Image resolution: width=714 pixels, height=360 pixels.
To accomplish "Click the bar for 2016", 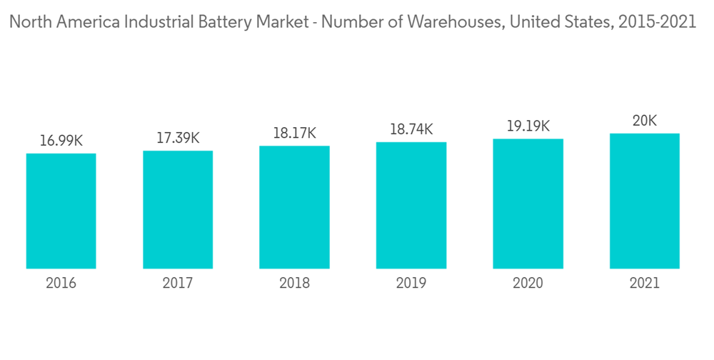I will (x=61, y=211).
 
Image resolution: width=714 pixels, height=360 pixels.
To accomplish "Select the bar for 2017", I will (x=178, y=209).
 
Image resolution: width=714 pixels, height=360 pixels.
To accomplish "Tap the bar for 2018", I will (x=294, y=207).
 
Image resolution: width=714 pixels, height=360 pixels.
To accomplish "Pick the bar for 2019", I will (x=411, y=205).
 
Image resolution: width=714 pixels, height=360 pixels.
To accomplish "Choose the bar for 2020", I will (x=528, y=204).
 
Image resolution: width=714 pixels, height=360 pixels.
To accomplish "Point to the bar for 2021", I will (x=644, y=201).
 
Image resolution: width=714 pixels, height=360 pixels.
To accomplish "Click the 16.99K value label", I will (x=61, y=141).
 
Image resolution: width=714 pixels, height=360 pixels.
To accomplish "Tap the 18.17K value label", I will (x=294, y=134).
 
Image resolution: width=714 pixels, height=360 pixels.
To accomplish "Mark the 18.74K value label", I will (x=411, y=129).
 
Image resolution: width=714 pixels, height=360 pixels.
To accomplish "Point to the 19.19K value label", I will (x=528, y=126).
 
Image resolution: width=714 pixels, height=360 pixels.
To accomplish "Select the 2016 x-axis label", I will (x=61, y=284).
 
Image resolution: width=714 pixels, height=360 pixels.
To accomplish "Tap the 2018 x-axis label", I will (x=294, y=284).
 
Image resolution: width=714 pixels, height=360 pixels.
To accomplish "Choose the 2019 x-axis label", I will (x=411, y=284).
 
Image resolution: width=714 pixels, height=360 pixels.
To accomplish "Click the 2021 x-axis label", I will (x=644, y=284).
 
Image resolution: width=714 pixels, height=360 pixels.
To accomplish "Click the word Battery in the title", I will (x=218, y=22).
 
